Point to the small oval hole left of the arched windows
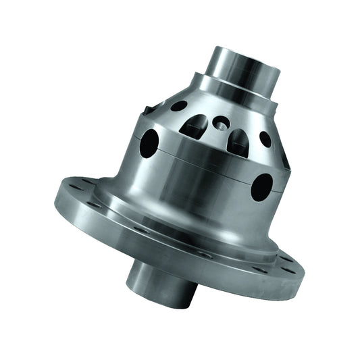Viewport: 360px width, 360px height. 179,106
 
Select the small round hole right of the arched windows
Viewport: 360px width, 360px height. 265,139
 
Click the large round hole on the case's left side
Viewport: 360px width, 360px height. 149,143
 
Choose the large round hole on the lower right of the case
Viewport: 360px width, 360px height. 261,186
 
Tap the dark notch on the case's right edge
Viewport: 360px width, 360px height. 284,159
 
